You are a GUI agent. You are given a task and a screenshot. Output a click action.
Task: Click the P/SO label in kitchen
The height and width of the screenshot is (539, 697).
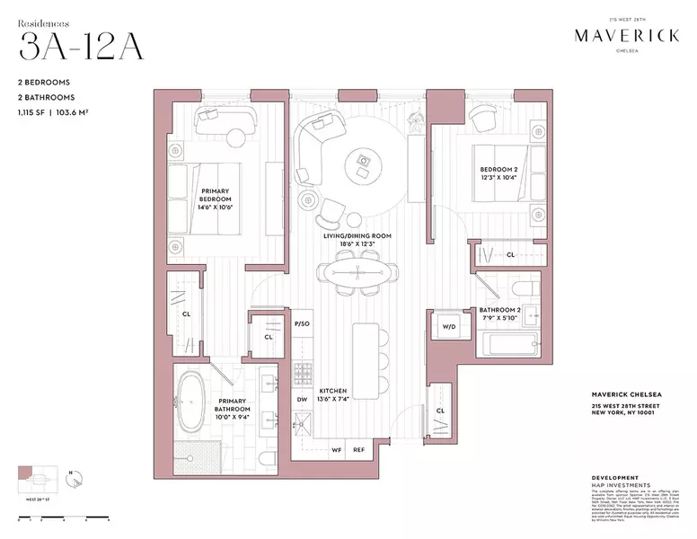pyautogui.click(x=303, y=323)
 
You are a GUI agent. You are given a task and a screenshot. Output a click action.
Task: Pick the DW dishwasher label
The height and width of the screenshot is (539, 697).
pyautogui.click(x=303, y=400)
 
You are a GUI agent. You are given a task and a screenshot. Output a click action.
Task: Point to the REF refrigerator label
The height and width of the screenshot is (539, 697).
pyautogui.click(x=358, y=449)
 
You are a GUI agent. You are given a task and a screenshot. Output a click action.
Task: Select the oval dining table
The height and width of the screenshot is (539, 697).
pyautogui.click(x=358, y=268)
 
